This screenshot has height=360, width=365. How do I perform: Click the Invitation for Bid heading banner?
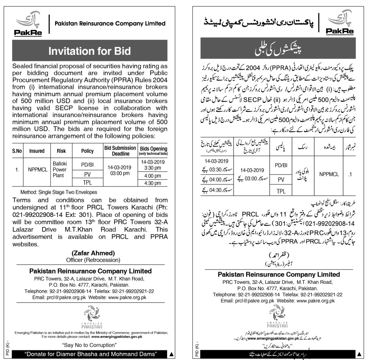coord(90,51)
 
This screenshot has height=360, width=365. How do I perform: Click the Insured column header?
coord(37,151)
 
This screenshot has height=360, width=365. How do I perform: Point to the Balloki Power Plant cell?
coord(62,171)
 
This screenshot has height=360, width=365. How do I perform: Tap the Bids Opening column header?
coord(153,151)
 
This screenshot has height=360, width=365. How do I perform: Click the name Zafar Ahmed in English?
coord(90,253)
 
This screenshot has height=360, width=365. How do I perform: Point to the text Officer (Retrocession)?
coord(90,259)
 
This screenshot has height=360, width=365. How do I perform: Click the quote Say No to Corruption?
coord(90,345)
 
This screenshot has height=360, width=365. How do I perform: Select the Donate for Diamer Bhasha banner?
coord(90,354)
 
